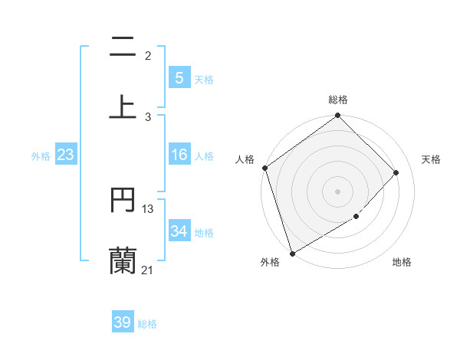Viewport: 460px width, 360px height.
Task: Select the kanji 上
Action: pos(123,106)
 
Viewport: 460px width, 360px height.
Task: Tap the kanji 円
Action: pos(123,200)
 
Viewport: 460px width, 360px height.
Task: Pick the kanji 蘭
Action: pos(123,260)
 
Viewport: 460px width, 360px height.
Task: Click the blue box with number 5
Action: pos(179,77)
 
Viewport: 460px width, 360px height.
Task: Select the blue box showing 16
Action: pos(179,155)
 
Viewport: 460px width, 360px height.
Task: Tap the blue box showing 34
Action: pos(179,231)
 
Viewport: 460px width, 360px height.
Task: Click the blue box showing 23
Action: pos(65,155)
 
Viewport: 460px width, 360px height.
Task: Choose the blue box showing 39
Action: pos(122,322)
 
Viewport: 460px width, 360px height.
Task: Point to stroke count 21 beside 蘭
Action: pos(147,270)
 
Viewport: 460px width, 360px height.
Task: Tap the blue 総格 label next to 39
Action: pos(147,324)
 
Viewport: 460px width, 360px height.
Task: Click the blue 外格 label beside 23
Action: pos(41,156)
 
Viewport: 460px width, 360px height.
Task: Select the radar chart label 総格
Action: pos(338,100)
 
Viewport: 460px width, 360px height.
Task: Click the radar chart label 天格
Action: pos(431,159)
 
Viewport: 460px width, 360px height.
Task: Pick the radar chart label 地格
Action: pos(402,262)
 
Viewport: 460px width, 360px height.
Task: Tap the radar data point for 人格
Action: pos(264,168)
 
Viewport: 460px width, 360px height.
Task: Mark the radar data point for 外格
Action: pos(292,253)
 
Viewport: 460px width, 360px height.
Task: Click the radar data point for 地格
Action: pos(356,217)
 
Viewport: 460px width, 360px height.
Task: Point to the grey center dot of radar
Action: pos(337,191)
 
